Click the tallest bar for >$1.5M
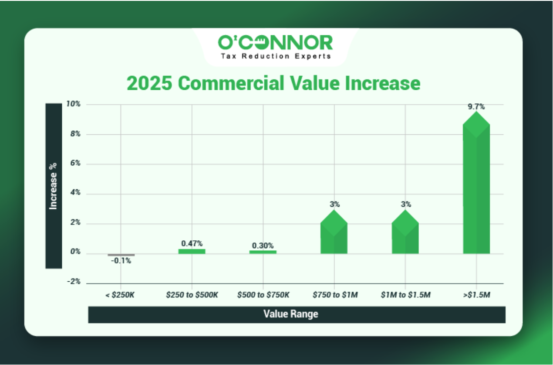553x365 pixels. point(476,183)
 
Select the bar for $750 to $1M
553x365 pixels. point(334,232)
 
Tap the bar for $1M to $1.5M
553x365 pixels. point(405,232)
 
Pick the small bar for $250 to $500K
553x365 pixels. point(192,251)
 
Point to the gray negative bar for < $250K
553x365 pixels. point(121,255)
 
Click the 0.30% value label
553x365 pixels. point(263,246)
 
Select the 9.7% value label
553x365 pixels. point(476,107)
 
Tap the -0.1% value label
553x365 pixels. point(121,261)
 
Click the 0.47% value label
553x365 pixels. point(192,244)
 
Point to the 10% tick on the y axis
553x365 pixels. point(73,104)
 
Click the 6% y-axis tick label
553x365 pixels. point(75,163)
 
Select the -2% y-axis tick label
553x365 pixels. point(74,281)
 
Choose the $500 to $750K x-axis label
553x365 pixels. point(263,295)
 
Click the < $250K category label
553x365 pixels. point(120,295)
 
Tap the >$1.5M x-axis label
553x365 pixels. point(477,295)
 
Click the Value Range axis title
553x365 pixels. point(291,314)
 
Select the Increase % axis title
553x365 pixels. point(53,186)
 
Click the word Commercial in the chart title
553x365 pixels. point(231,83)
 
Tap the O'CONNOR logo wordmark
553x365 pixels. point(275,42)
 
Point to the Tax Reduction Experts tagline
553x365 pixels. point(276,56)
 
